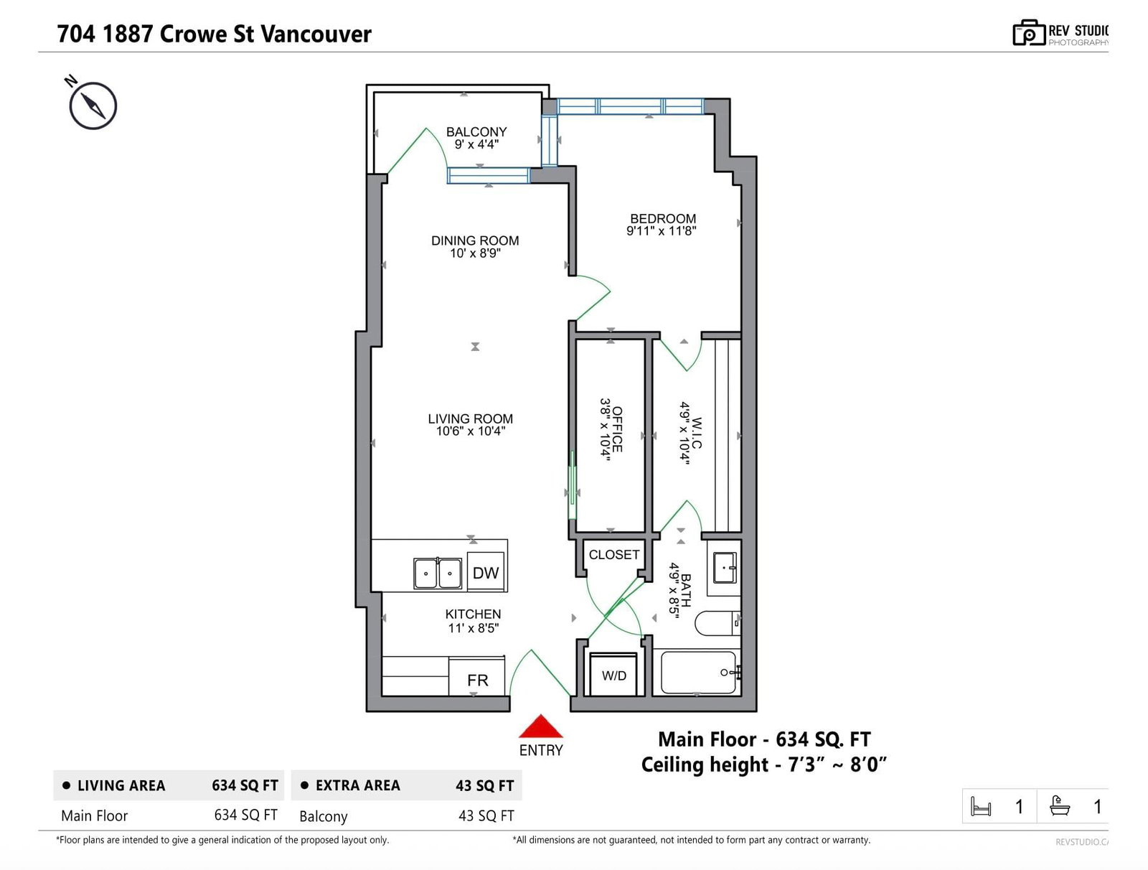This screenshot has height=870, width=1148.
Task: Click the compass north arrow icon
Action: click(x=93, y=105)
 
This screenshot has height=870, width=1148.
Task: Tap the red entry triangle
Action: click(x=540, y=726)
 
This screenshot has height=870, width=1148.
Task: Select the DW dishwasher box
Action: click(x=486, y=572)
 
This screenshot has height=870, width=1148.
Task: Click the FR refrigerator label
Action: click(x=478, y=680)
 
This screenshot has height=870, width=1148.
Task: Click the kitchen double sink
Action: click(x=437, y=574)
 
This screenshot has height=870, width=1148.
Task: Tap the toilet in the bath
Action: click(x=717, y=622)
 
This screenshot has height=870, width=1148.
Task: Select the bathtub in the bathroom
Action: click(x=700, y=673)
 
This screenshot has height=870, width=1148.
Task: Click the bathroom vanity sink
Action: click(x=725, y=568)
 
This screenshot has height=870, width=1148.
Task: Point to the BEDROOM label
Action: click(x=663, y=218)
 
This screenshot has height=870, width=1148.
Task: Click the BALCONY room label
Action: click(x=476, y=131)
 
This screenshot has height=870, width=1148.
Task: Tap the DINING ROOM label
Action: click(x=475, y=240)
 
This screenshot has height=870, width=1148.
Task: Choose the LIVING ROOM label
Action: click(x=470, y=418)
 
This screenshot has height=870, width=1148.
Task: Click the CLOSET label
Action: click(x=614, y=555)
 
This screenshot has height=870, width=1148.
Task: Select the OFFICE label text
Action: click(x=617, y=429)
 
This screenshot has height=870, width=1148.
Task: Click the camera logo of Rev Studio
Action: click(x=1028, y=33)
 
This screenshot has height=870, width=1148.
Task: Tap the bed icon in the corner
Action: click(x=980, y=806)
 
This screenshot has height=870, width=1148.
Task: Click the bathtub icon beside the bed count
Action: click(x=1060, y=805)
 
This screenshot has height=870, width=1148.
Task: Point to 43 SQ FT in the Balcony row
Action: click(x=486, y=815)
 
